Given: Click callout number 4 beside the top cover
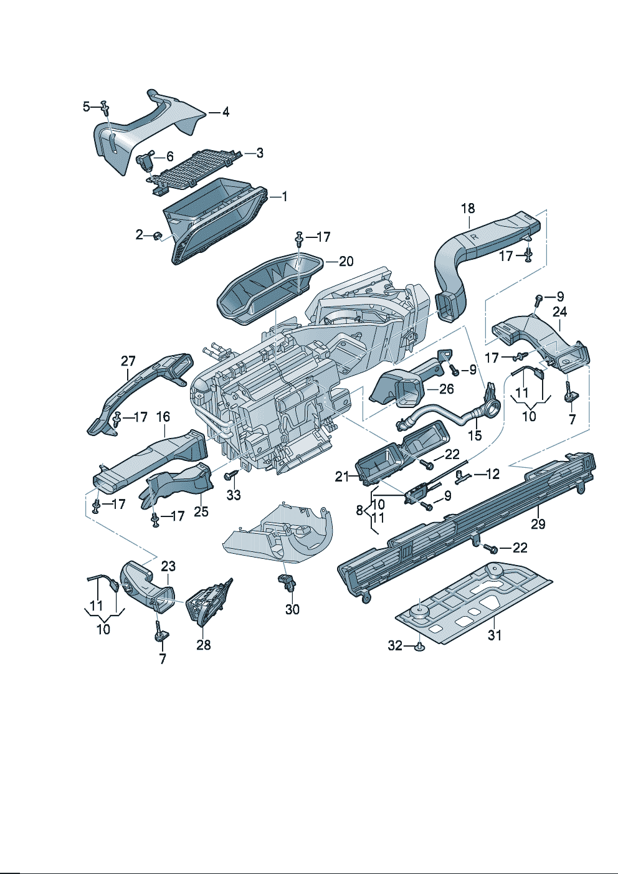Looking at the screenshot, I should [226, 112].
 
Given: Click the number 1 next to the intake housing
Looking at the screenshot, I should [284, 197].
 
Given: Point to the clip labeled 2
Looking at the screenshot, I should [157, 235].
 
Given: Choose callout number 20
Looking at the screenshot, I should [346, 261].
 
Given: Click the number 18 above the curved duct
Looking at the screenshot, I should [468, 208].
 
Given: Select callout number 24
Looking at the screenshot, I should [560, 311].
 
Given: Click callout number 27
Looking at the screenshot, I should [128, 361].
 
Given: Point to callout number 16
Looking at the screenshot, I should [163, 416].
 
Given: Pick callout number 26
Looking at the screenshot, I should [446, 389].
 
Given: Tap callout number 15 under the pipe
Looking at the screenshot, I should [475, 435].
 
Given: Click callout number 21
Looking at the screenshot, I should [342, 477].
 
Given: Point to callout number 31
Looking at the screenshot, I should [494, 635].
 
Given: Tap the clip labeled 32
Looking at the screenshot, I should [419, 647].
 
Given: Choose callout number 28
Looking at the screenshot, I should [204, 645].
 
